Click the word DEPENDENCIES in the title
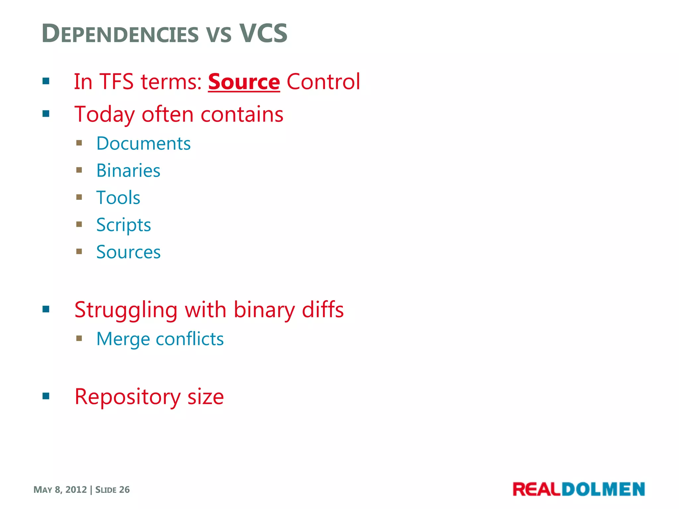[x=120, y=34]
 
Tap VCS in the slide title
[x=263, y=33]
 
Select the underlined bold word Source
[x=244, y=82]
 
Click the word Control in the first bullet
[x=323, y=82]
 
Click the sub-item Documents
[x=143, y=143]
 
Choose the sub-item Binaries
[x=128, y=171]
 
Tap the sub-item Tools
[x=118, y=198]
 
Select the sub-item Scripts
[x=123, y=225]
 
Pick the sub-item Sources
[x=128, y=252]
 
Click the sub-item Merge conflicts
[x=160, y=339]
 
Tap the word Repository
[x=128, y=397]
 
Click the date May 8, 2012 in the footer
[x=60, y=490]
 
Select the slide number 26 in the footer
[x=124, y=490]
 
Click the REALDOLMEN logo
[x=579, y=489]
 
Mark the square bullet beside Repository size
[x=46, y=396]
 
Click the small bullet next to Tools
[x=79, y=198]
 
